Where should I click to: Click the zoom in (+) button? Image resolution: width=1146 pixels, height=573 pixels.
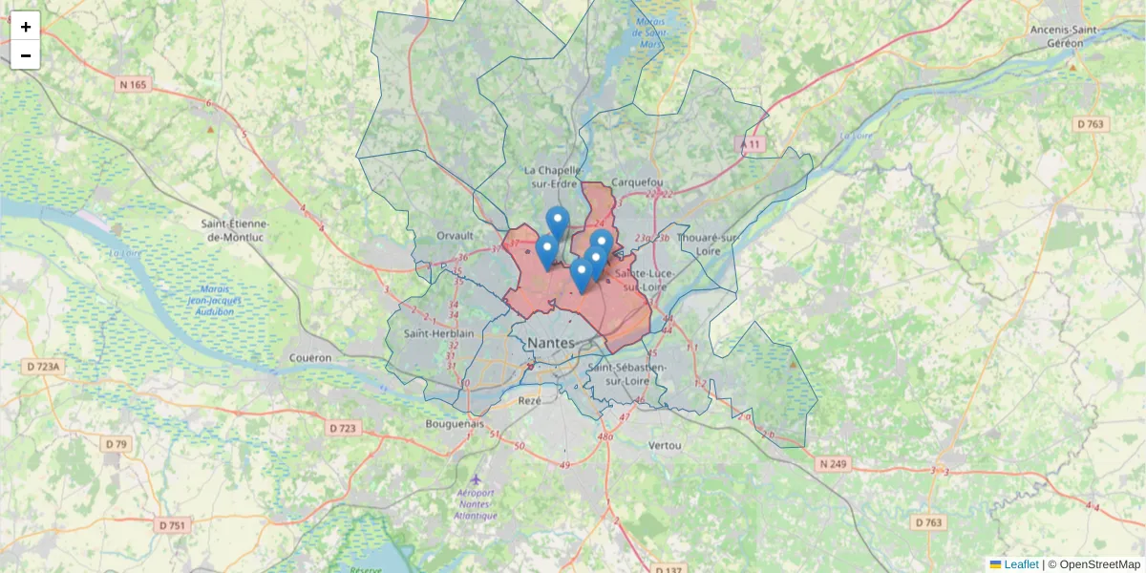pyautogui.click(x=25, y=26)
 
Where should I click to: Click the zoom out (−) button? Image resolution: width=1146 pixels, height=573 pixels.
pyautogui.click(x=25, y=55)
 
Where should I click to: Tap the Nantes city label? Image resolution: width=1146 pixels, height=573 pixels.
pyautogui.click(x=551, y=343)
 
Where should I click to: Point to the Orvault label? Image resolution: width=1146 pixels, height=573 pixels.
pyautogui.click(x=455, y=235)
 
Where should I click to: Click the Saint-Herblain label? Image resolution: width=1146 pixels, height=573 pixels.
pyautogui.click(x=439, y=333)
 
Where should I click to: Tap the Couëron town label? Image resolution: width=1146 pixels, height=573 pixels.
pyautogui.click(x=309, y=358)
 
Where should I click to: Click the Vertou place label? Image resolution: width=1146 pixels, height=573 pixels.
pyautogui.click(x=665, y=446)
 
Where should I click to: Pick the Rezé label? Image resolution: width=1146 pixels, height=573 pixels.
pyautogui.click(x=529, y=401)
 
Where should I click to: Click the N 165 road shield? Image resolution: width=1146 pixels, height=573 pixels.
pyautogui.click(x=133, y=85)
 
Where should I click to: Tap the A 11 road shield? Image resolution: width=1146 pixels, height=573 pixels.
pyautogui.click(x=753, y=144)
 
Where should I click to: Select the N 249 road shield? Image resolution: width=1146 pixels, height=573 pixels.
pyautogui.click(x=834, y=464)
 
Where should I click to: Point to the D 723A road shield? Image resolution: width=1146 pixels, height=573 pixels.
pyautogui.click(x=43, y=366)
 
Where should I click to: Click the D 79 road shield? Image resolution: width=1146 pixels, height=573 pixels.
pyautogui.click(x=117, y=444)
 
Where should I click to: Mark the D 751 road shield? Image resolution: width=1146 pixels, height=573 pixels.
pyautogui.click(x=173, y=525)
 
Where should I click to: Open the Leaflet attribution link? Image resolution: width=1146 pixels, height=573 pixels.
pyautogui.click(x=1021, y=564)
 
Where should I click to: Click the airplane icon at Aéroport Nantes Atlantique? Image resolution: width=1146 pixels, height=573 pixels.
pyautogui.click(x=477, y=477)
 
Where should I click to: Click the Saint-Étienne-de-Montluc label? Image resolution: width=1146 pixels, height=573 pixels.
pyautogui.click(x=235, y=230)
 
